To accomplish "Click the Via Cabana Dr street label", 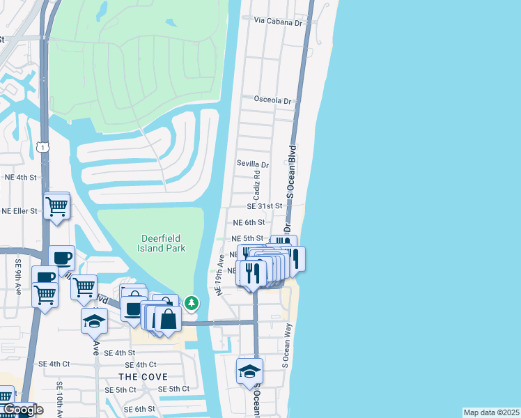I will [x=281, y=22].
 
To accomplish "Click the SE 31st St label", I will [x=264, y=206].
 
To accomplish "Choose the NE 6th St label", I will [x=249, y=222].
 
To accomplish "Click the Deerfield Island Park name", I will [x=160, y=243].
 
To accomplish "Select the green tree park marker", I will [x=192, y=304].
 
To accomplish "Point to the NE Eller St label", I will [x=20, y=210].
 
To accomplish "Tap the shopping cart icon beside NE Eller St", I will [x=56, y=206].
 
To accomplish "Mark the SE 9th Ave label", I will [x=17, y=277].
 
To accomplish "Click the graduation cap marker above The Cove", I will [x=95, y=321].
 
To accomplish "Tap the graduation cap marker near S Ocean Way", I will [x=249, y=371].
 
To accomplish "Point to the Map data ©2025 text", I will [x=490, y=412].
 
